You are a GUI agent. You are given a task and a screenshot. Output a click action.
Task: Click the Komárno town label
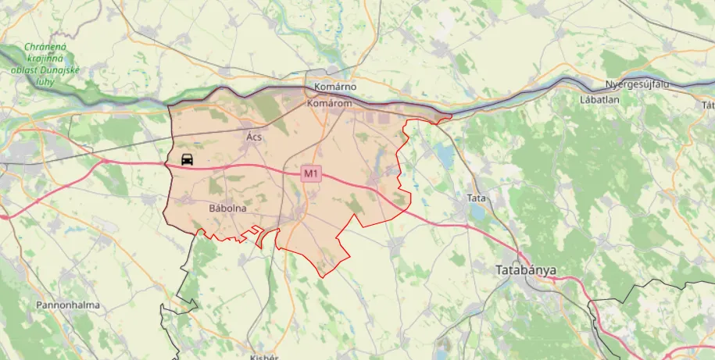pyautogui.click(x=334, y=86)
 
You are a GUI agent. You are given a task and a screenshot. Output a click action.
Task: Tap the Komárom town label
pyautogui.click(x=330, y=103)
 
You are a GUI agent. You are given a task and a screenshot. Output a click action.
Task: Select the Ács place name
pyautogui.click(x=254, y=137)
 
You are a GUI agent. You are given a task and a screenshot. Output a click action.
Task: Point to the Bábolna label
pyautogui.click(x=228, y=209)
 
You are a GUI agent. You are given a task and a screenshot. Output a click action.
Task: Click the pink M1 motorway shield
pyautogui.click(x=312, y=173)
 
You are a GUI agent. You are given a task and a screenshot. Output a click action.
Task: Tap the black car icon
pyautogui.click(x=188, y=160)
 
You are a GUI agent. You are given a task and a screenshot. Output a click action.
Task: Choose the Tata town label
pyautogui.click(x=476, y=198)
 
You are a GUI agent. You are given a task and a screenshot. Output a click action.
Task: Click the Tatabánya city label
pyautogui.click(x=526, y=270)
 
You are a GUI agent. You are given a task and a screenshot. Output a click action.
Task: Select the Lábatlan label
pyautogui.click(x=599, y=101)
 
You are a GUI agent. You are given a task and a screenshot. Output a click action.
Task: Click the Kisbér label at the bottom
pyautogui.click(x=264, y=356)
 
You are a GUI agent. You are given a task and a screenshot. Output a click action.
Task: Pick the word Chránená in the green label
pyautogui.click(x=45, y=47)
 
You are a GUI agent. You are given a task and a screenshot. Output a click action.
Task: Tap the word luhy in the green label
pyautogui.click(x=44, y=80)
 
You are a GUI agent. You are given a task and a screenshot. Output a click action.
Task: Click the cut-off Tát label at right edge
pyautogui.click(x=708, y=105)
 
